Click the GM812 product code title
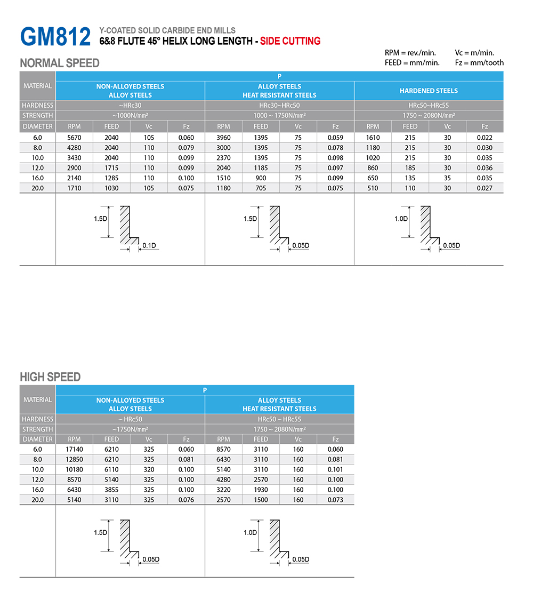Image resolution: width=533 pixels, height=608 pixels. point(55,36)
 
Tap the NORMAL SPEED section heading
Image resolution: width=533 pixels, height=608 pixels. point(60,63)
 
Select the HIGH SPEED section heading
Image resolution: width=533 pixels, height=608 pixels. point(50,377)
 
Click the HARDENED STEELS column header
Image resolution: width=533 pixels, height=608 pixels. point(429,91)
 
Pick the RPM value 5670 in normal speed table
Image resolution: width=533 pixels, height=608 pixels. point(74,138)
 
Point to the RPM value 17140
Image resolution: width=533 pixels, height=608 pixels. point(74,449)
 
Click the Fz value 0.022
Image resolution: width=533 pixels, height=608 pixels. point(484,138)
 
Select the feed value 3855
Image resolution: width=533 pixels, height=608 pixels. point(111,490)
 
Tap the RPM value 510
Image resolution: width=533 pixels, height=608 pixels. point(373,188)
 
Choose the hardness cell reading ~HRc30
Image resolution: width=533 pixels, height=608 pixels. point(130,106)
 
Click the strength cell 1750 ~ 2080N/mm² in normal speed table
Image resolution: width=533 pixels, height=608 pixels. point(429,116)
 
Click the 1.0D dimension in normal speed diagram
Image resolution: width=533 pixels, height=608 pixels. point(401,219)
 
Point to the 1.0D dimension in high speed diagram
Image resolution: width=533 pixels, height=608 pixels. point(250,532)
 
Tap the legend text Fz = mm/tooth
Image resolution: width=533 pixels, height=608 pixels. point(479,62)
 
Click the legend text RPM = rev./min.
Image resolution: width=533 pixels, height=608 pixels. point(410,53)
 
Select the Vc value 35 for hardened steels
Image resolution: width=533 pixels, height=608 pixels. point(447,178)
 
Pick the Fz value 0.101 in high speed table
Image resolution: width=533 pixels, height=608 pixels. point(335,469)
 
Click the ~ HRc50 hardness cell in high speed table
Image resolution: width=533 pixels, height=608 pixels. point(130,419)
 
